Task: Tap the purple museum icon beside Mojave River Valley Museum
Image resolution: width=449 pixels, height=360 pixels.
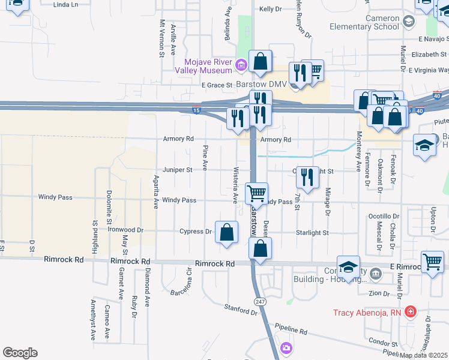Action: (241, 64)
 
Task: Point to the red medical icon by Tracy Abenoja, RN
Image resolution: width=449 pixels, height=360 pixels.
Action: (410, 312)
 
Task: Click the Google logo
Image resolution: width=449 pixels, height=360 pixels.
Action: (20, 353)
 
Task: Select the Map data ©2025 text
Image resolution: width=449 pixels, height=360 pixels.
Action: (424, 355)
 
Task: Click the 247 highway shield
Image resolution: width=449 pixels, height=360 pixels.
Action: (260, 301)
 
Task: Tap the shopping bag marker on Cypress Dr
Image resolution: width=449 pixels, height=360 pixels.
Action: (226, 233)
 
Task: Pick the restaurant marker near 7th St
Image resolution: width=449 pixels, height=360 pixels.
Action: (307, 178)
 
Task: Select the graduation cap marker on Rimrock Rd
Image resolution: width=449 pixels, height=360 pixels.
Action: (348, 268)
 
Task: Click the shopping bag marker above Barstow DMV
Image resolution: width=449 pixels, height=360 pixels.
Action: (260, 60)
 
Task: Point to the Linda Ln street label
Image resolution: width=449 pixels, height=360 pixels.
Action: (66, 5)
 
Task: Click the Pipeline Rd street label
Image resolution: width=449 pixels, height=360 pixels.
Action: (291, 329)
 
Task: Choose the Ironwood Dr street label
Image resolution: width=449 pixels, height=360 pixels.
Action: (125, 229)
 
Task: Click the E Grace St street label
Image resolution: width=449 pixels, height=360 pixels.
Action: (217, 85)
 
